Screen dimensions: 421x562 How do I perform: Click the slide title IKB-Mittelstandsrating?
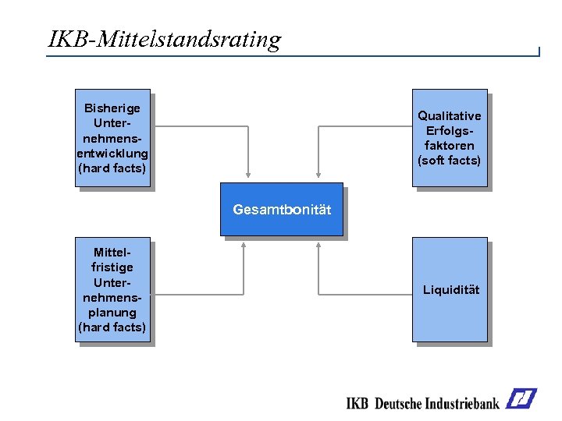165,39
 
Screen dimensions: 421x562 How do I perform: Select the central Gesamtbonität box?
281,209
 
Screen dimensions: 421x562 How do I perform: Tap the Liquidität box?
450,289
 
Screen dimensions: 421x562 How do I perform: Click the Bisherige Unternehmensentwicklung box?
112,138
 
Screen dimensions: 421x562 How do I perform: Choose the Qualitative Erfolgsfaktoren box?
450,138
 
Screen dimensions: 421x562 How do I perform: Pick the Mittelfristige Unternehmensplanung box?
112,289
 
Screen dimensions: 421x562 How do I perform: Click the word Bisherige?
112,108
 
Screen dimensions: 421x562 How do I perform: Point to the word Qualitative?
450,116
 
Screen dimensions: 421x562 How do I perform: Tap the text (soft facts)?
450,161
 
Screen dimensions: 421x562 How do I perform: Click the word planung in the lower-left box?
112,313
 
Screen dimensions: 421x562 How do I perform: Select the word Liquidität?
451,290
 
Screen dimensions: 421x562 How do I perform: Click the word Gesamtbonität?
282,210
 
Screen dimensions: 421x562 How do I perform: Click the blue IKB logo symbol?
521,399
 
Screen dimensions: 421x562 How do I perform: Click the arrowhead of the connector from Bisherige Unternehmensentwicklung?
247,176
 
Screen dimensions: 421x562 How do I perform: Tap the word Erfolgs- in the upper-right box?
450,131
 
